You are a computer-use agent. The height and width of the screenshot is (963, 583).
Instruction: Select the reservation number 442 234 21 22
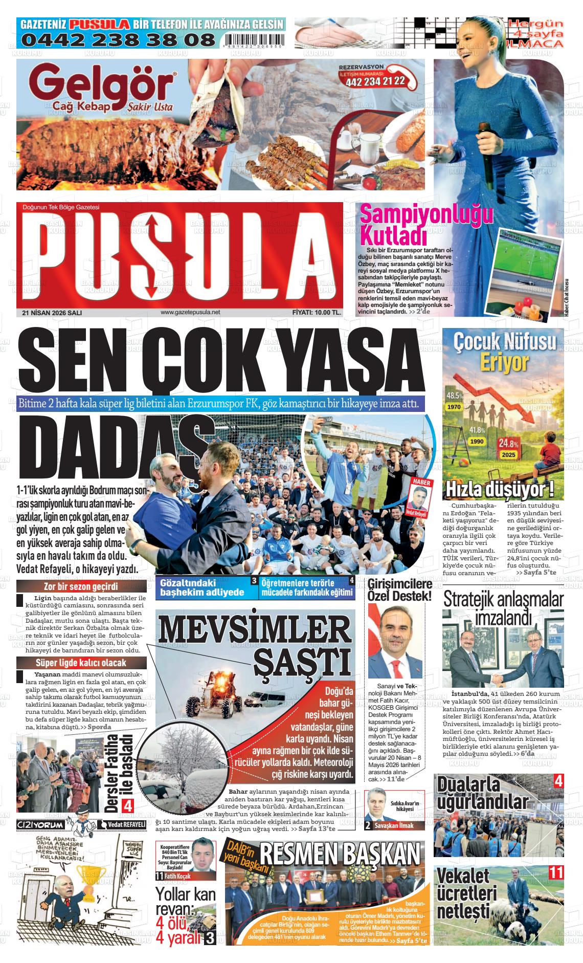(x=375, y=81)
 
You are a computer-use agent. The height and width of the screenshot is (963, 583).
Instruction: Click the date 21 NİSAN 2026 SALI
(x=52, y=312)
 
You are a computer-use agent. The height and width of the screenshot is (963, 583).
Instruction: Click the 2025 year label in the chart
(x=508, y=455)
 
